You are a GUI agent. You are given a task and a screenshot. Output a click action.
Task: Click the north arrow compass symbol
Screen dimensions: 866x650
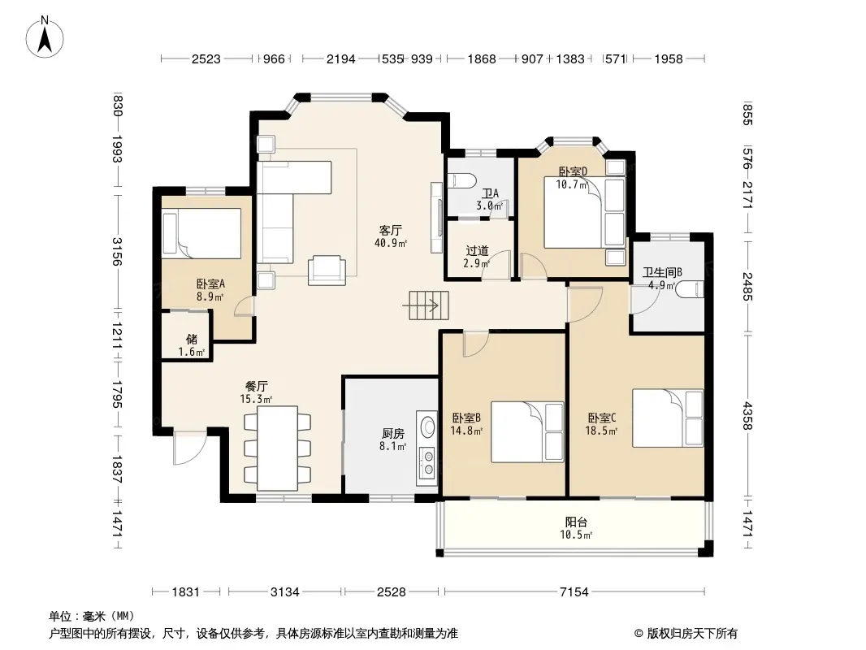tap(45, 37)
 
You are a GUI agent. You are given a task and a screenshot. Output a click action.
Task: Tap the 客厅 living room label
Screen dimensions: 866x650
tap(391, 230)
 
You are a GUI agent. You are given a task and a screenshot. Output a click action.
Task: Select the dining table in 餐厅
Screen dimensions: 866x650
tap(277, 448)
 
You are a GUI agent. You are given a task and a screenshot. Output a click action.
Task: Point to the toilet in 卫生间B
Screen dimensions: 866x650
tap(691, 289)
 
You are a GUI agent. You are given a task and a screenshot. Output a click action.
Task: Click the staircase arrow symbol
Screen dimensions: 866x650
tap(429, 305)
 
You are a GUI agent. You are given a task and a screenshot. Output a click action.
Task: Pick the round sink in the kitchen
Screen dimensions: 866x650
tap(428, 426)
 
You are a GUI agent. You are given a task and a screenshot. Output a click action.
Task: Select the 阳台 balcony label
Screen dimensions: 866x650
tap(576, 522)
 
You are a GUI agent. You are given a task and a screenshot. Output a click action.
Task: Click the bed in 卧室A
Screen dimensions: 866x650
tap(201, 233)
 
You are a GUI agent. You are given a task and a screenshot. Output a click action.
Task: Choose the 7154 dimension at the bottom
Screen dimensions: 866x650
tap(574, 592)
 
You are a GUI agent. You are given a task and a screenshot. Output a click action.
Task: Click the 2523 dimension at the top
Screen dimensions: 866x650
tap(206, 58)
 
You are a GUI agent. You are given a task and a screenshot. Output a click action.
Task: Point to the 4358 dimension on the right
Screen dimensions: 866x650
tap(747, 415)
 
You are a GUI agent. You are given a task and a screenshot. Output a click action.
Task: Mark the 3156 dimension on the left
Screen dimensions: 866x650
tap(116, 251)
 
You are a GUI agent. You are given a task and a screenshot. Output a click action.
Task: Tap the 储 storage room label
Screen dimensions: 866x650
tap(192, 339)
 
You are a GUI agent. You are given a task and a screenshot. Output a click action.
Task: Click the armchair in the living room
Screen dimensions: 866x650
tap(327, 271)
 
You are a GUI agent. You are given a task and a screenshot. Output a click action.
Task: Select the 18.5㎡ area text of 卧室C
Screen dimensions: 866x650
tap(601, 431)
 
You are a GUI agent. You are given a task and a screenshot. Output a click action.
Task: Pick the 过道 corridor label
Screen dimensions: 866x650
tap(477, 251)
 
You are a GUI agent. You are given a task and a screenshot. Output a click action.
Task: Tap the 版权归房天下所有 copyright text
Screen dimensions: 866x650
tap(692, 634)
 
